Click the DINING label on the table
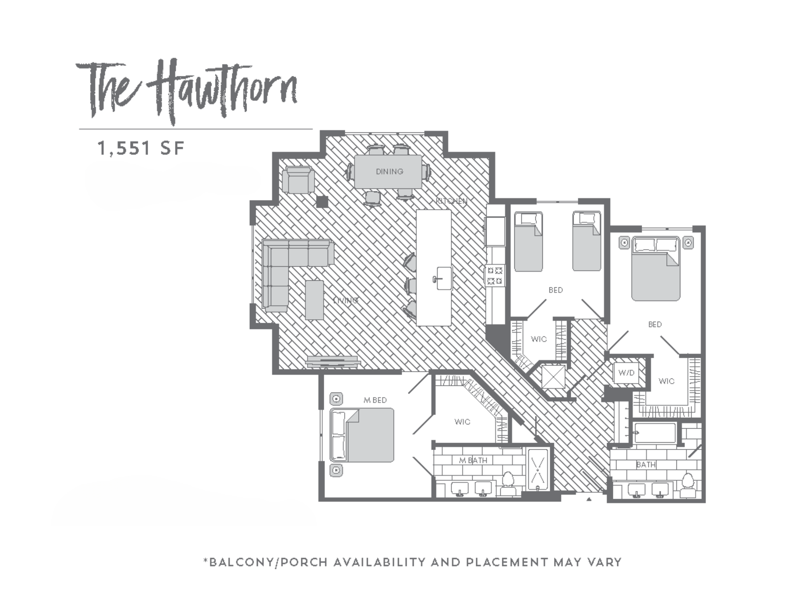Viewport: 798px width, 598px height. pyautogui.click(x=389, y=171)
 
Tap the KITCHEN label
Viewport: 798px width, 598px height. pyautogui.click(x=451, y=201)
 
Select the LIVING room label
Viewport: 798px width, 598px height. pyautogui.click(x=346, y=300)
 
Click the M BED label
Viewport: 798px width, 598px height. pyautogui.click(x=375, y=400)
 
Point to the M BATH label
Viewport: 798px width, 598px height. pyautogui.click(x=473, y=461)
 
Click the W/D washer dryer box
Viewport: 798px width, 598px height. pyautogui.click(x=627, y=373)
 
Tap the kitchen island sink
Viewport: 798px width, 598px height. pyautogui.click(x=444, y=278)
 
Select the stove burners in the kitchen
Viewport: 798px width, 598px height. pyautogui.click(x=494, y=275)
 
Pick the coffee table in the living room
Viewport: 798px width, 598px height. pyautogui.click(x=314, y=300)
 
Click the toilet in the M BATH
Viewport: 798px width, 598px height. pyautogui.click(x=508, y=482)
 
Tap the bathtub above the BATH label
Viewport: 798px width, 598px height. pyautogui.click(x=655, y=433)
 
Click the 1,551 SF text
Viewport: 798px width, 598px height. pyautogui.click(x=141, y=148)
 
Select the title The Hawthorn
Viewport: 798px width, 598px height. pyautogui.click(x=187, y=92)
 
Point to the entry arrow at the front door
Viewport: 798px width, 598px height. pyautogui.click(x=589, y=499)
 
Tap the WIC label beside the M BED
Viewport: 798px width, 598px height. pyautogui.click(x=462, y=422)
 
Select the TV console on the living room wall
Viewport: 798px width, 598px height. pyautogui.click(x=332, y=361)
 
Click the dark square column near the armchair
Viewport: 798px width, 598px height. pyautogui.click(x=322, y=202)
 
